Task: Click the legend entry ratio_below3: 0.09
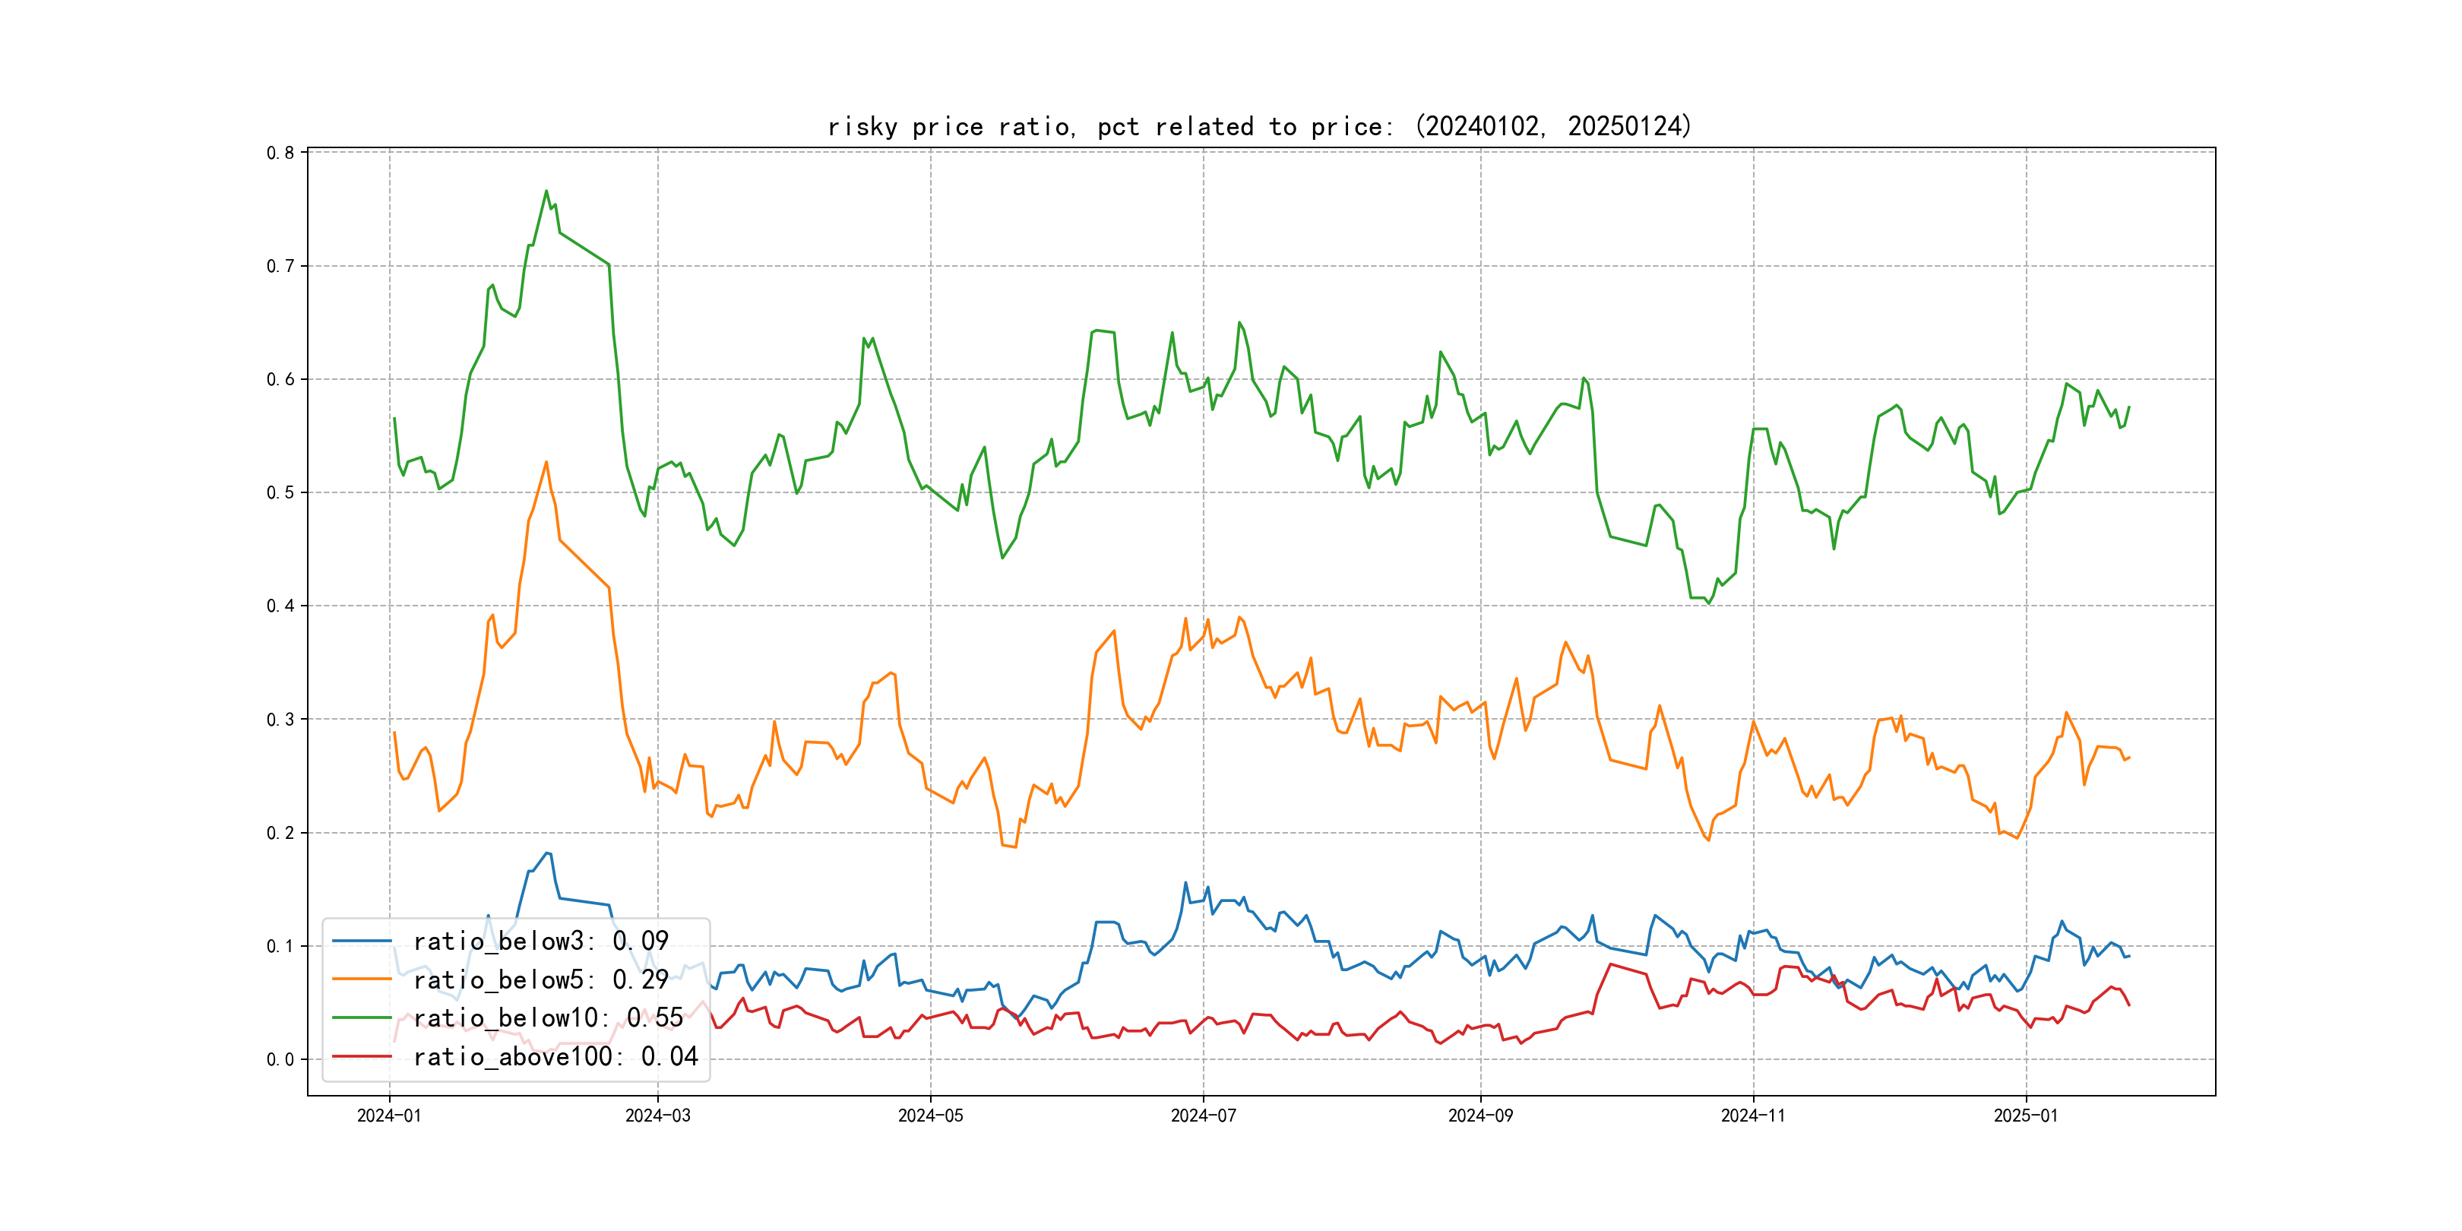tap(540, 941)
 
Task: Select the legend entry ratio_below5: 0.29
tap(540, 979)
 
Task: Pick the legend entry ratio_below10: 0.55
tap(548, 1018)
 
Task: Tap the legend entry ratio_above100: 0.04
tap(555, 1056)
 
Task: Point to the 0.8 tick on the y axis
tap(280, 153)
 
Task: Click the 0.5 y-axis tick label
tap(280, 492)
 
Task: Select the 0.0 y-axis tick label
tap(280, 1059)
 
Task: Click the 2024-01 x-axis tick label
tap(389, 1115)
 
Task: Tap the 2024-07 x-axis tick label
tap(1204, 1115)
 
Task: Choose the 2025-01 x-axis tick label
tap(2025, 1115)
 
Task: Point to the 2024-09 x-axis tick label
tap(1480, 1115)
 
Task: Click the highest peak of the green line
tap(546, 191)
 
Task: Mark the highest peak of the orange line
tap(546, 463)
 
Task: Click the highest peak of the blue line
tap(546, 853)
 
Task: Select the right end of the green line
tap(2129, 407)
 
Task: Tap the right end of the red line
tap(2129, 1005)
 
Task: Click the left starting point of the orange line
tap(394, 733)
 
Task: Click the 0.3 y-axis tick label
tap(280, 719)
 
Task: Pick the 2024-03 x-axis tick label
tap(657, 1115)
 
